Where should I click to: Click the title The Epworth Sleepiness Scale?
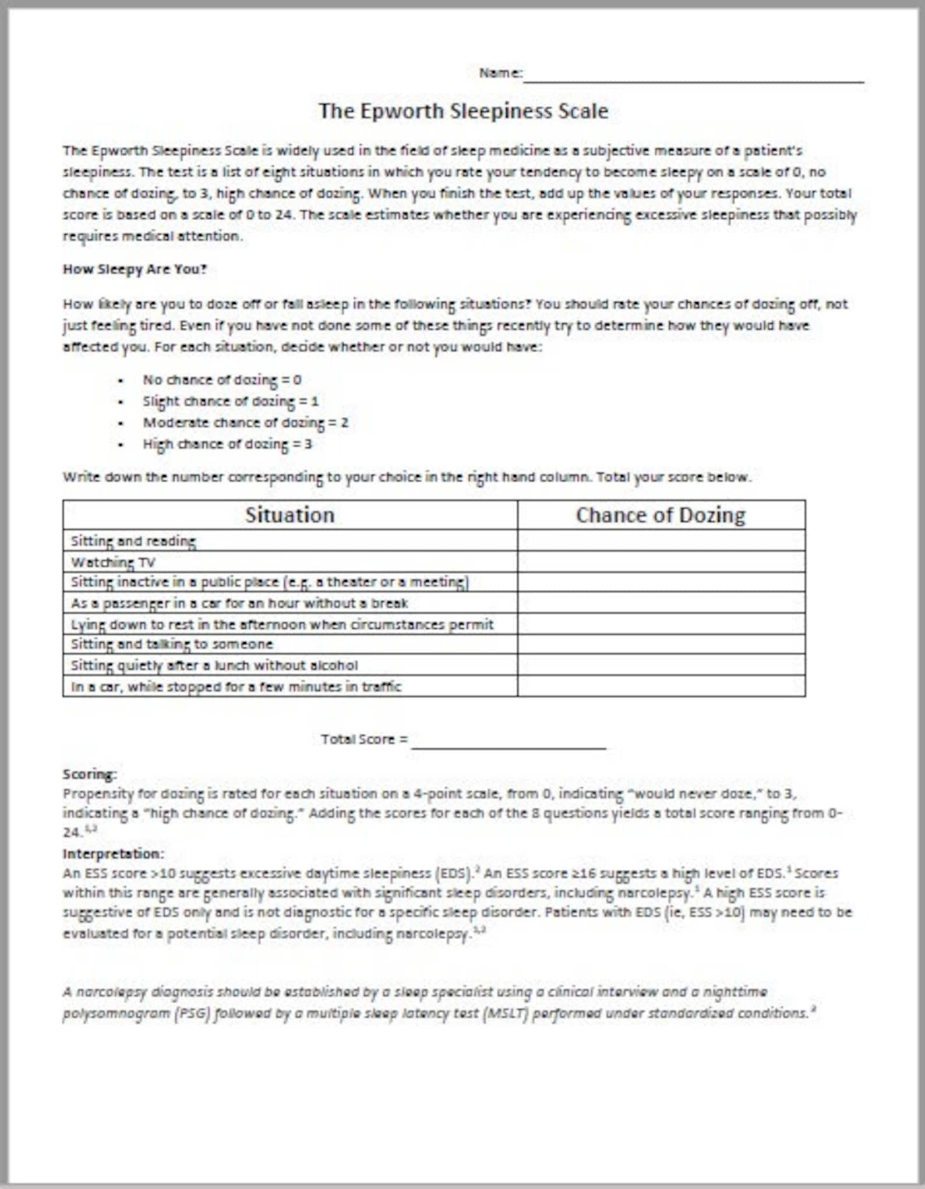pos(463,111)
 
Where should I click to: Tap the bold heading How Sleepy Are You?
pos(135,269)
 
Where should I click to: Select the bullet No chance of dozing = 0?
pos(222,380)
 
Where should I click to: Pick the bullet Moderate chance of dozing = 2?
pos(245,423)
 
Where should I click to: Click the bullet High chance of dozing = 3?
pos(227,444)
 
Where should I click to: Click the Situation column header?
pos(289,515)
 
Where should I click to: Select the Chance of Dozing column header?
pos(661,515)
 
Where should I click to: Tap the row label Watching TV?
pos(113,562)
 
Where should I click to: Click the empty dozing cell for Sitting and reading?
pos(661,540)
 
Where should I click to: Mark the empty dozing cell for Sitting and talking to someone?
pos(661,644)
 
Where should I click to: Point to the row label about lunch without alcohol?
pos(214,665)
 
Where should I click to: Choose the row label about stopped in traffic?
pos(236,686)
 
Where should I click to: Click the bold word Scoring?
pos(90,774)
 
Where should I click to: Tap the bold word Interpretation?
pos(114,854)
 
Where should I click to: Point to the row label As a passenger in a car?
pos(239,603)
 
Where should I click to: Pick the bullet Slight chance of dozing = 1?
pos(231,401)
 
